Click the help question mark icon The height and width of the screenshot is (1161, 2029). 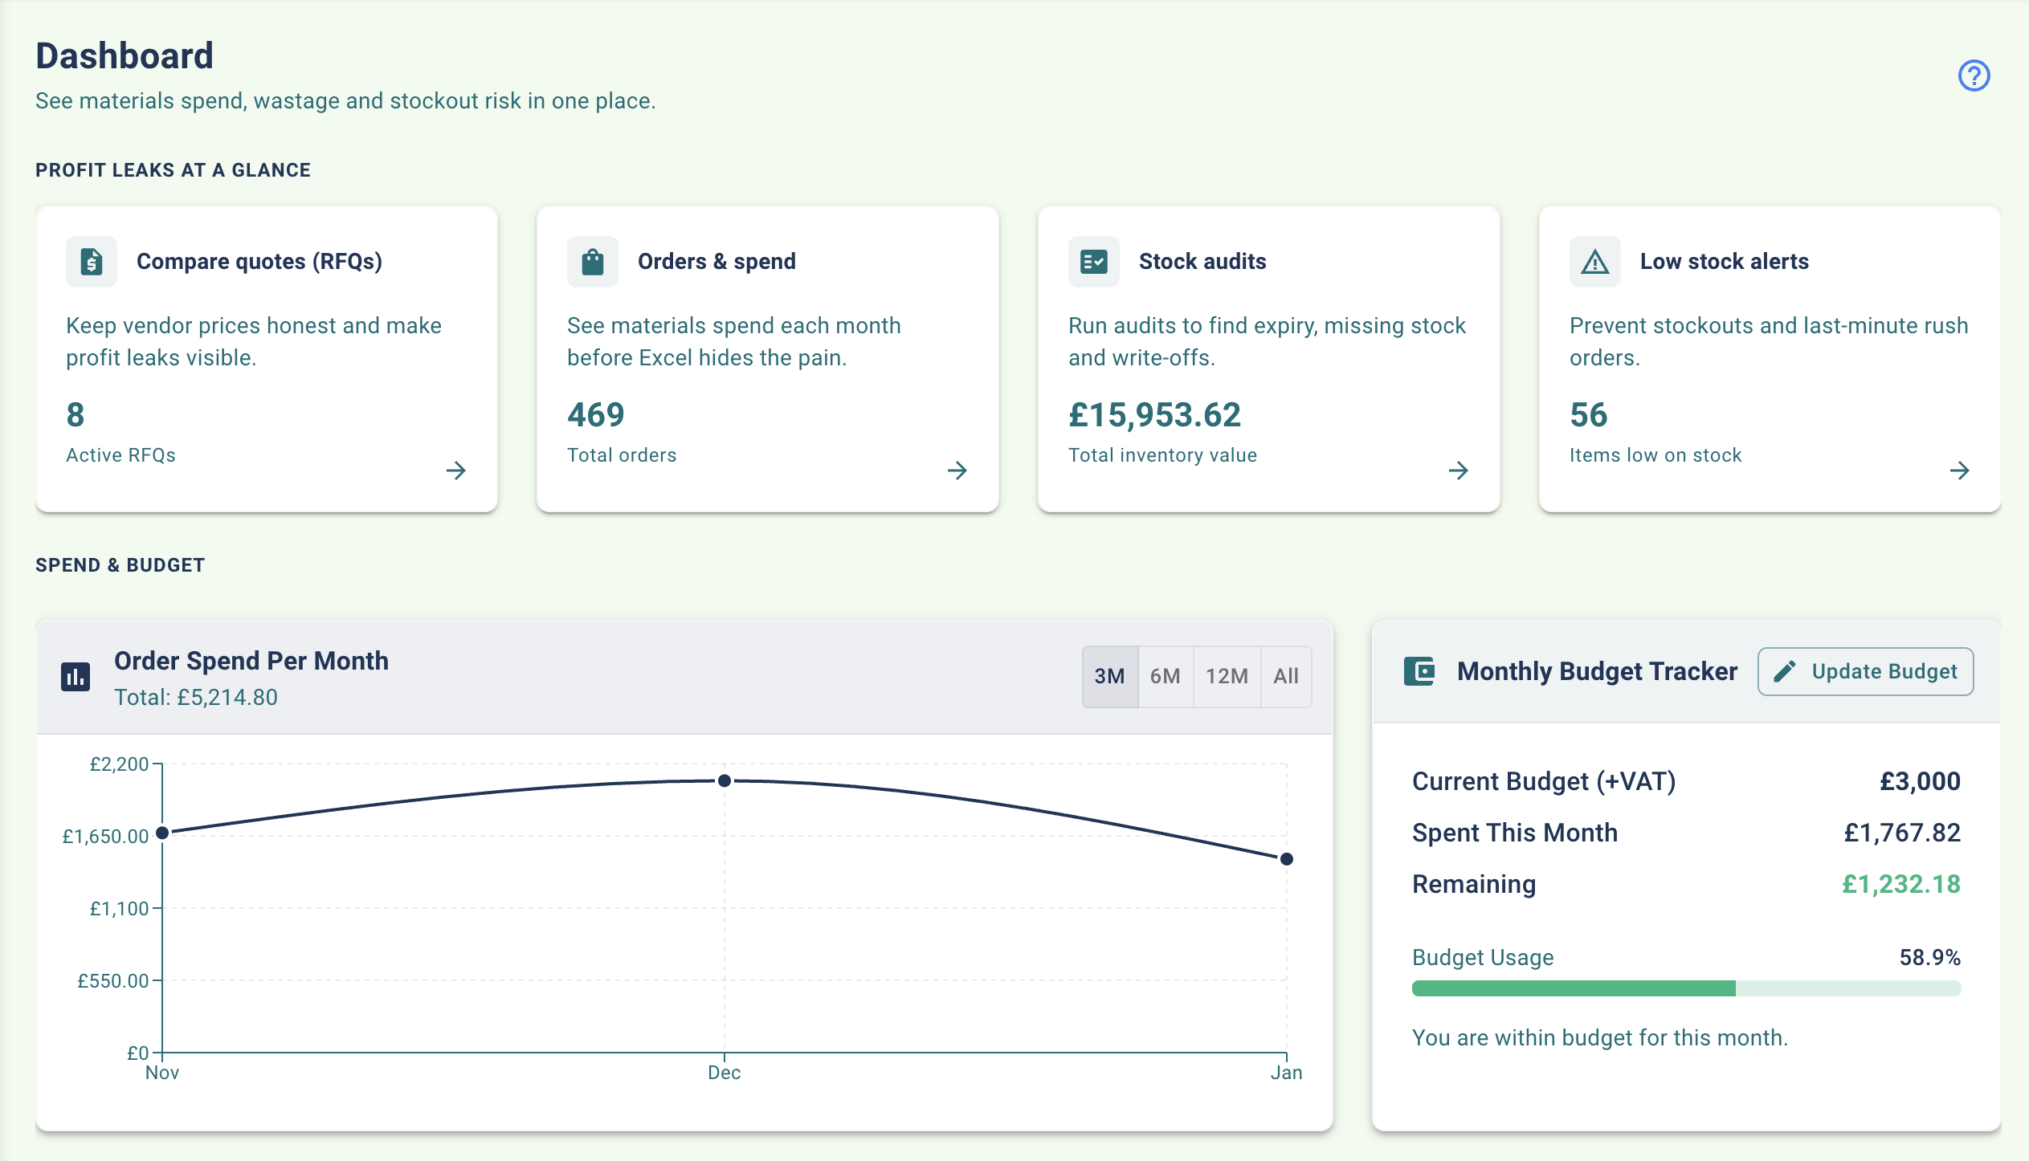click(x=1973, y=75)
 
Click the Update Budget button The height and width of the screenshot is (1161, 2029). click(x=1865, y=671)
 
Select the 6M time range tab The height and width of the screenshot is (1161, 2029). click(x=1165, y=676)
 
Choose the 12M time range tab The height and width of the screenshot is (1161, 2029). click(x=1227, y=676)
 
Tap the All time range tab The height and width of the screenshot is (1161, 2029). click(x=1285, y=676)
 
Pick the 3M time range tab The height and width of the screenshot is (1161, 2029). click(x=1109, y=676)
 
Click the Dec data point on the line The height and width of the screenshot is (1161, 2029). click(x=724, y=780)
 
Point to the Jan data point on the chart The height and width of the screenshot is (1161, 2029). click(x=1286, y=859)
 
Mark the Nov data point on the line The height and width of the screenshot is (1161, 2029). click(x=162, y=833)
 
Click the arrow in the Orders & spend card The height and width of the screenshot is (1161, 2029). click(x=957, y=471)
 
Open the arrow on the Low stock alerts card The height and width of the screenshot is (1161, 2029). click(x=1959, y=471)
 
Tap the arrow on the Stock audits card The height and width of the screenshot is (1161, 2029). click(x=1458, y=471)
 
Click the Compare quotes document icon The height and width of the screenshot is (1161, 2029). click(x=92, y=262)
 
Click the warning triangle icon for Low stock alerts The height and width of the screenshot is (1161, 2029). click(x=1594, y=262)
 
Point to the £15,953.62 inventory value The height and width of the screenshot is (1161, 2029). click(x=1154, y=415)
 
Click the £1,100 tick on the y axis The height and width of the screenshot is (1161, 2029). click(x=120, y=909)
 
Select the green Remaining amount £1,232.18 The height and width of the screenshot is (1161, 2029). click(x=1900, y=884)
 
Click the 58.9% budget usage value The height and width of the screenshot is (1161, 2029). click(x=1929, y=957)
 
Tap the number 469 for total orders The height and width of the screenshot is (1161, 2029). click(x=595, y=415)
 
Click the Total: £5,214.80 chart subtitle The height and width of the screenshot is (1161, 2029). click(x=196, y=697)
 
